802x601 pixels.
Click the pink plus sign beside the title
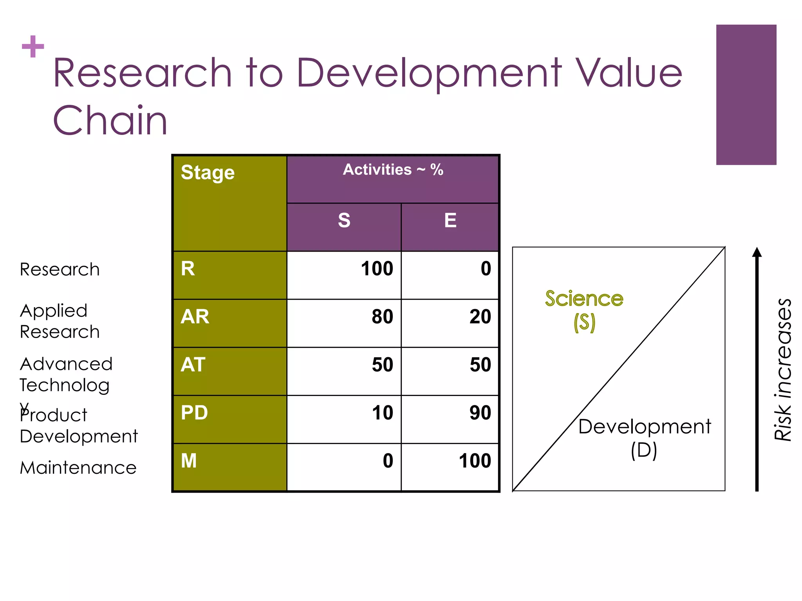pyautogui.click(x=33, y=47)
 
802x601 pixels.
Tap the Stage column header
pyautogui.click(x=208, y=173)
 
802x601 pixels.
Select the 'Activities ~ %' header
pyautogui.click(x=393, y=170)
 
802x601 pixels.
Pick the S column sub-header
pyautogui.click(x=344, y=220)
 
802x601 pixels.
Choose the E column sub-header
pyautogui.click(x=450, y=220)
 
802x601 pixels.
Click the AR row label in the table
pyautogui.click(x=195, y=317)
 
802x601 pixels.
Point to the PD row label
pyautogui.click(x=194, y=413)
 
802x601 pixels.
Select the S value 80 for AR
pyautogui.click(x=382, y=317)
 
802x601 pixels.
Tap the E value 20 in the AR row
pyautogui.click(x=480, y=317)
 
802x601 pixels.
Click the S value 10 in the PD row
pyautogui.click(x=382, y=413)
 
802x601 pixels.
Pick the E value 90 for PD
pyautogui.click(x=480, y=413)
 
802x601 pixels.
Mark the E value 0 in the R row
pyautogui.click(x=486, y=268)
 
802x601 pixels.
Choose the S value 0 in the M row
pyautogui.click(x=388, y=461)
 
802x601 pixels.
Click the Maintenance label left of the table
pyautogui.click(x=78, y=468)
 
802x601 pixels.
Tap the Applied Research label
pyautogui.click(x=60, y=321)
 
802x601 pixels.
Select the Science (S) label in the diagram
pyautogui.click(x=584, y=310)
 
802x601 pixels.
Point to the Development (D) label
pyautogui.click(x=644, y=437)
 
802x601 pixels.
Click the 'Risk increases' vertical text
pyautogui.click(x=783, y=370)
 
